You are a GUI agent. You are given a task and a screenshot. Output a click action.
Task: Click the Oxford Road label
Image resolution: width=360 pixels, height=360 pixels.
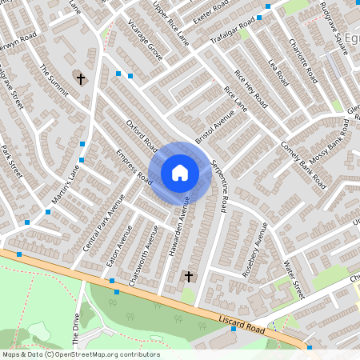point(142,133)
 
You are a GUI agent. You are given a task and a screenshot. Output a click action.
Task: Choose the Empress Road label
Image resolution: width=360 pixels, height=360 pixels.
point(134,166)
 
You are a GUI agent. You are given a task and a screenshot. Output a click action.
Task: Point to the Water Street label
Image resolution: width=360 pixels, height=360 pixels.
point(294,281)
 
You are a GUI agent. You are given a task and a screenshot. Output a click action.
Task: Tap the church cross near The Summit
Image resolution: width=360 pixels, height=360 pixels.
point(80,78)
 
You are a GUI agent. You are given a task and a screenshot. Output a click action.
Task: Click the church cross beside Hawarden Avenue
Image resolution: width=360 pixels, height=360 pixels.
point(189,277)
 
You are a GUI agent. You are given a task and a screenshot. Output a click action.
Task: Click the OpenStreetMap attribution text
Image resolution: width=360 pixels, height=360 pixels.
point(80,354)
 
